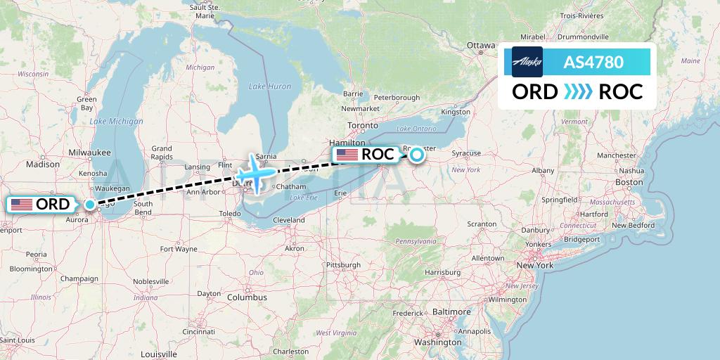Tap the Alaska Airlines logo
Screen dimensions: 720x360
(x=527, y=62)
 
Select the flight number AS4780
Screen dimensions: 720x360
(x=593, y=62)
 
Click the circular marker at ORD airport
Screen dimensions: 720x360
(x=90, y=205)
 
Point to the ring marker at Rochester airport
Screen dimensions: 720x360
(x=417, y=155)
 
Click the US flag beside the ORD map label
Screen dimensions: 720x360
(x=22, y=205)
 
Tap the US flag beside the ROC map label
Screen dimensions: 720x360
(x=347, y=155)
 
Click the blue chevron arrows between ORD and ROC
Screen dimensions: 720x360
(x=577, y=92)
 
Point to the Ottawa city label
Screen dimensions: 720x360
(x=482, y=46)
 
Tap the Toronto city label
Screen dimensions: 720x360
(x=363, y=124)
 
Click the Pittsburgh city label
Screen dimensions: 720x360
(x=343, y=264)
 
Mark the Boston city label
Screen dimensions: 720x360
(x=629, y=182)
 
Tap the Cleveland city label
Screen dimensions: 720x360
(x=289, y=220)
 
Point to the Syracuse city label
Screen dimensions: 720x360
(x=466, y=153)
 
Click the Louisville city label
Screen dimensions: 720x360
(x=160, y=354)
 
